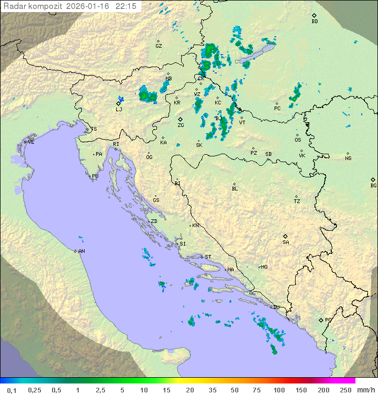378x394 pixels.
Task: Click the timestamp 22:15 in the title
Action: point(126,6)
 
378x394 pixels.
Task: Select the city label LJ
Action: point(119,110)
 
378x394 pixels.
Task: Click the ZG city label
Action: point(181,125)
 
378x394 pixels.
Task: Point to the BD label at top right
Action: point(314,22)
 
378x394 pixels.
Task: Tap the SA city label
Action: point(286,242)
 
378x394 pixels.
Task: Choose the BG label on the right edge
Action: point(373,185)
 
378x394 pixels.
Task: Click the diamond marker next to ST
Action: point(202,257)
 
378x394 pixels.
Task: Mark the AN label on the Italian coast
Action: point(81,251)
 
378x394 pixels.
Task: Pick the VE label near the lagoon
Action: point(31,142)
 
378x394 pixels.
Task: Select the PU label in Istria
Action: point(95,176)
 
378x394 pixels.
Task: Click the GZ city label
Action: point(159,46)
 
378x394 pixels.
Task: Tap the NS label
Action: point(348,158)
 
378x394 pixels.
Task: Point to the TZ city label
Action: point(297,201)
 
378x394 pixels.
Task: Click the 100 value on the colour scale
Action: point(279,390)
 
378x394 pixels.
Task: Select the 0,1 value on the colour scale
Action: point(12,390)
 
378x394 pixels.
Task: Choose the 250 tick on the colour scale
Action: point(345,390)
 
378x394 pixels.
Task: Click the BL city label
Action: point(235,188)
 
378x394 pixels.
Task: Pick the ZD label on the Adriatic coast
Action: point(154,221)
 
